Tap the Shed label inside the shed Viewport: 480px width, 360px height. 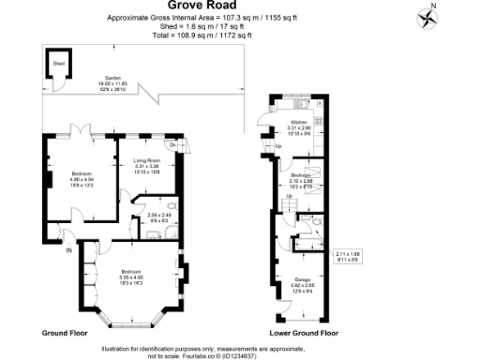tap(57, 65)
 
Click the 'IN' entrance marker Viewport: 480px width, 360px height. tap(67, 250)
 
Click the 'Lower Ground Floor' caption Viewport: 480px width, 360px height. tap(305, 333)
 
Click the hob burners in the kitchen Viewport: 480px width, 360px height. tap(319, 122)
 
